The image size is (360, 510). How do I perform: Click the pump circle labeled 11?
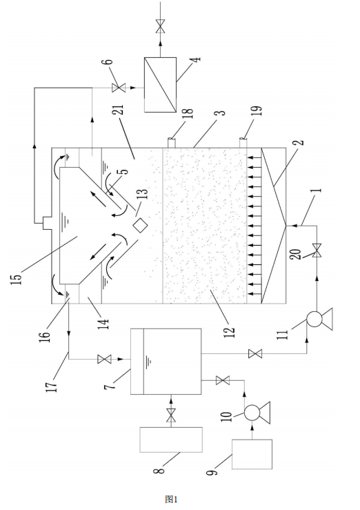[314, 319]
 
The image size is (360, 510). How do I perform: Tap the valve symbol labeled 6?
[118, 88]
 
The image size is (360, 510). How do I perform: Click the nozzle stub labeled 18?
[172, 143]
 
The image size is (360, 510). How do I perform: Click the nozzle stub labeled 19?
[243, 143]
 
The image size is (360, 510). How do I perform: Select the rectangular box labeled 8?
[171, 440]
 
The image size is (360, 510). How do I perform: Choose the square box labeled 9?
[252, 454]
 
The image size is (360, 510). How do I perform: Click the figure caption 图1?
[171, 499]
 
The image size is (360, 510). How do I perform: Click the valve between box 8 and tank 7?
[170, 415]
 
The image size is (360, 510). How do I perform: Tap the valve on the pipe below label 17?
[104, 359]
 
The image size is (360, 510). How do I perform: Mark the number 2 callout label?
[301, 142]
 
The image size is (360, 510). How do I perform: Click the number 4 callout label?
[197, 59]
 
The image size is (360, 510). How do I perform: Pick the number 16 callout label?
[46, 331]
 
